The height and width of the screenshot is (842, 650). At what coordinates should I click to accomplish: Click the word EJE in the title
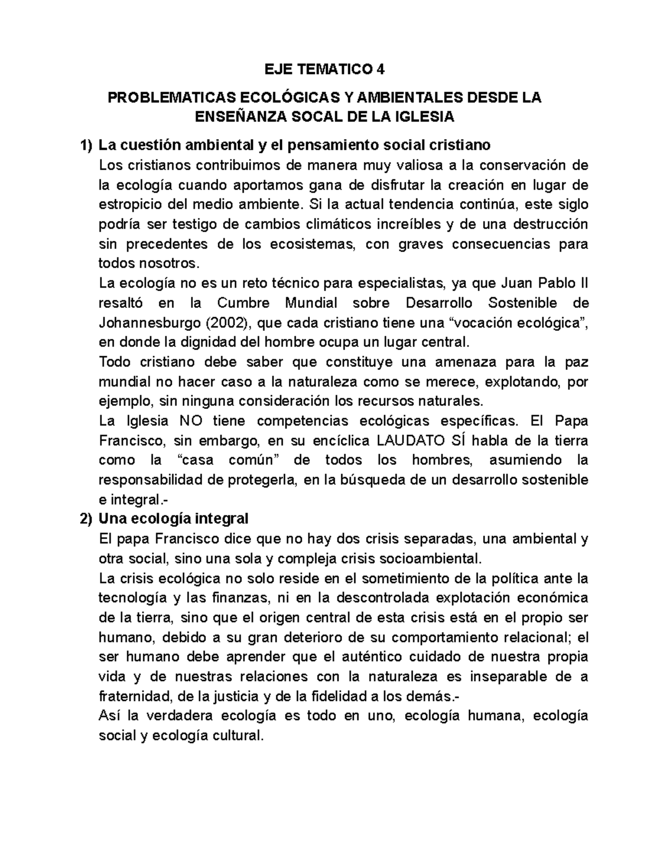click(x=277, y=69)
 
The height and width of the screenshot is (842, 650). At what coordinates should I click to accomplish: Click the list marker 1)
click(x=86, y=145)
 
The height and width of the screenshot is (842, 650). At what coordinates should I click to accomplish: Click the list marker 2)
click(x=86, y=519)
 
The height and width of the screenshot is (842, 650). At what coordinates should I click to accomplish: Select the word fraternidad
click(x=133, y=696)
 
